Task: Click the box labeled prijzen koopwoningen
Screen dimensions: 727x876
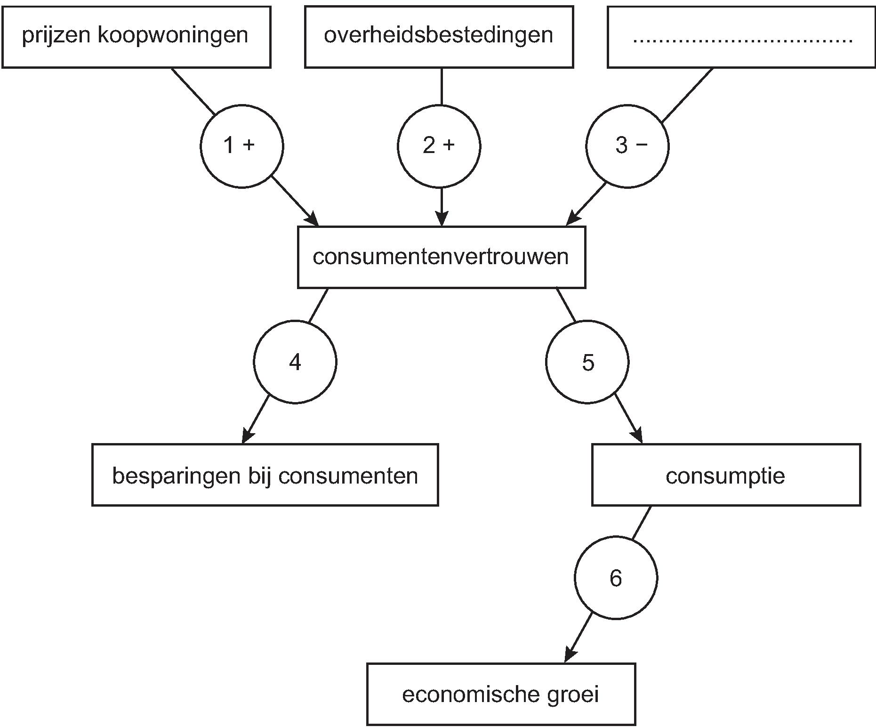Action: click(136, 37)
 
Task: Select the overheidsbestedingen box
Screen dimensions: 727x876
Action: click(439, 37)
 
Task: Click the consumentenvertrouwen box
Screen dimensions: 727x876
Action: click(441, 257)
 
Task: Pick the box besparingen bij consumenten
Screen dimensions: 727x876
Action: click(265, 475)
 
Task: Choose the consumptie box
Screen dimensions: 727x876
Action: click(726, 475)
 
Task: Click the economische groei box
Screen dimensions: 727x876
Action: click(501, 694)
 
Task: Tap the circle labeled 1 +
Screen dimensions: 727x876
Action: click(241, 146)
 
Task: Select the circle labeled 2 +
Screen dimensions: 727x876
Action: click(439, 146)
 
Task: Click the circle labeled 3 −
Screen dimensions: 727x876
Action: click(627, 146)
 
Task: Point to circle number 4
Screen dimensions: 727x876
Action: click(295, 362)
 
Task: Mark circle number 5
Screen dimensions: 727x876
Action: click(587, 362)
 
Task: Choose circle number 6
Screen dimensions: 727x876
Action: click(616, 578)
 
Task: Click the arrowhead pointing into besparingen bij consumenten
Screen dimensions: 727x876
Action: click(247, 436)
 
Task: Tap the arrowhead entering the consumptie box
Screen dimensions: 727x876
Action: click(637, 436)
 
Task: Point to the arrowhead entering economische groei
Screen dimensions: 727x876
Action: click(569, 655)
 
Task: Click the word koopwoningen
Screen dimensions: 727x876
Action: click(173, 36)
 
